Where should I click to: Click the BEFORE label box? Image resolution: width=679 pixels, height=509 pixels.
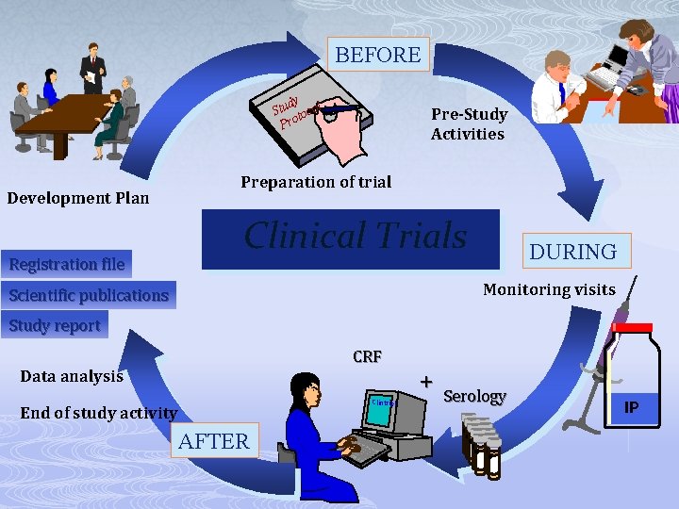pyautogui.click(x=377, y=55)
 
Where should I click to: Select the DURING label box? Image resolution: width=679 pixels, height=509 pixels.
pyautogui.click(x=572, y=252)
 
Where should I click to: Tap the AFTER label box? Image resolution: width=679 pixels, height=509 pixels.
pyautogui.click(x=214, y=440)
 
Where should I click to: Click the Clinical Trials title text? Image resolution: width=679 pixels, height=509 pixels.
pyautogui.click(x=355, y=236)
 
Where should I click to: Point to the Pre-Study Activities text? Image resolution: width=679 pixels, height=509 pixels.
pyautogui.click(x=469, y=123)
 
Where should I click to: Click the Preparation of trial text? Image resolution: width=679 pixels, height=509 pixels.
pyautogui.click(x=315, y=182)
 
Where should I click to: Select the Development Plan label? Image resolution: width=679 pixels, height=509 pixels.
pyautogui.click(x=77, y=198)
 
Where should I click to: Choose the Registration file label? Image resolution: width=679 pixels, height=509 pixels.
pyautogui.click(x=66, y=264)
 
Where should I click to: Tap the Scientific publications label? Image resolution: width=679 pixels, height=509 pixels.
pyautogui.click(x=89, y=295)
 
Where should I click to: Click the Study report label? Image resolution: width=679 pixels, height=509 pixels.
pyautogui.click(x=55, y=326)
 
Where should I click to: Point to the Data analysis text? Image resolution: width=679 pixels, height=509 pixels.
pyautogui.click(x=72, y=376)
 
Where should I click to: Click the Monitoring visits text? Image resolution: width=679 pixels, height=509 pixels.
pyautogui.click(x=549, y=289)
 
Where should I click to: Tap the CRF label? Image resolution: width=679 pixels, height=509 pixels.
pyautogui.click(x=367, y=357)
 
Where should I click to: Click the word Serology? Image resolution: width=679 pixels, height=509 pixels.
pyautogui.click(x=474, y=396)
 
